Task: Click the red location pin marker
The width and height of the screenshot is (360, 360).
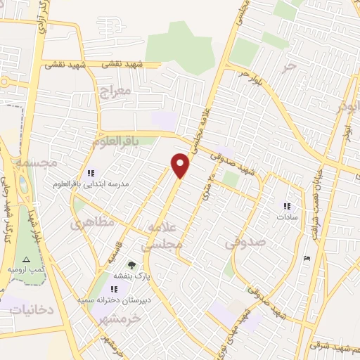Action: [x=181, y=166]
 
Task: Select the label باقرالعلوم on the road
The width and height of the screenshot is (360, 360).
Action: [x=115, y=141]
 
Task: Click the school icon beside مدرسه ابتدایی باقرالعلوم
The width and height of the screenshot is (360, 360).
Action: [x=90, y=173]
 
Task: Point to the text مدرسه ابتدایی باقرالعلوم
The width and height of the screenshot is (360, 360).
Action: [x=91, y=184]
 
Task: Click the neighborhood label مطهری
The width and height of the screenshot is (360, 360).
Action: [x=88, y=225]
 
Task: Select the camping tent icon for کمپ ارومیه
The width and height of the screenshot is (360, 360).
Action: [x=27, y=260]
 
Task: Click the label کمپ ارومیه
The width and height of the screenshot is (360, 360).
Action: [x=27, y=270]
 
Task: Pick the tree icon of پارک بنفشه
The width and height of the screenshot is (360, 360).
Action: [x=131, y=266]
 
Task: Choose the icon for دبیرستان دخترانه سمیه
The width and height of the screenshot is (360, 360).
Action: [x=114, y=289]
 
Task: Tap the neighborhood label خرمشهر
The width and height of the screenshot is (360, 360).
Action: [x=120, y=318]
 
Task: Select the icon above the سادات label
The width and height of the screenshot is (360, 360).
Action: [x=286, y=207]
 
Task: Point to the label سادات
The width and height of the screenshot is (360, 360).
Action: [x=286, y=218]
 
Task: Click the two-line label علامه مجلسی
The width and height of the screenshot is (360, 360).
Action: [x=162, y=237]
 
